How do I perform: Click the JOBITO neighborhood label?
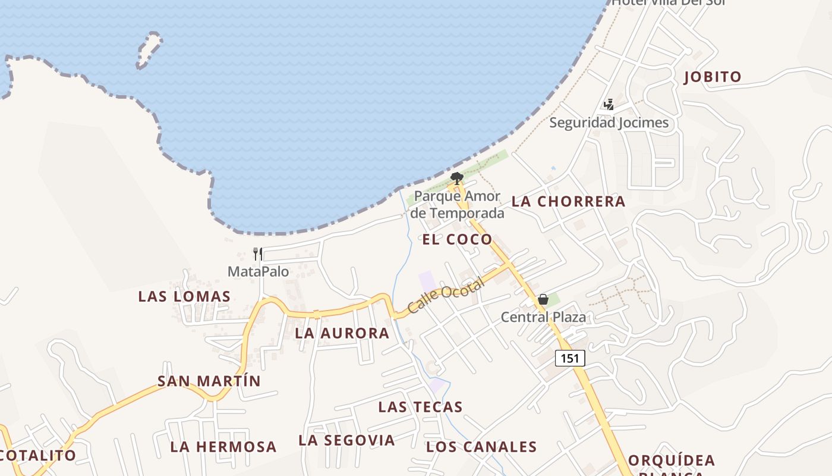713,77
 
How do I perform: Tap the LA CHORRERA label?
568,201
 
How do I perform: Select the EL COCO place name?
457,239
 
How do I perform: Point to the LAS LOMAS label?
184,296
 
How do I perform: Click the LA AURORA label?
342,333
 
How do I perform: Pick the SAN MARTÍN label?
209,381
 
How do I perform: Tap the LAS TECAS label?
420,407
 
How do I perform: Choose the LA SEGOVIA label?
346,440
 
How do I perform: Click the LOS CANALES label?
481,447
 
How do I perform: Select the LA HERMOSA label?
223,447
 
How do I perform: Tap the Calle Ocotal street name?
446,296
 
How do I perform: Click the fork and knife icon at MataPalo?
258,254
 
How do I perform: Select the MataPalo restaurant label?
258,272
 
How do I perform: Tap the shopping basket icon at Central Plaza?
543,299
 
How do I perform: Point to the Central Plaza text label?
543,317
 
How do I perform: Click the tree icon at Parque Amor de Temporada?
456,177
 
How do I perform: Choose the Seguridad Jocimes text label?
609,123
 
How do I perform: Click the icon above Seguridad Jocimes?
609,105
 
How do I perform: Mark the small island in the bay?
149,50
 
